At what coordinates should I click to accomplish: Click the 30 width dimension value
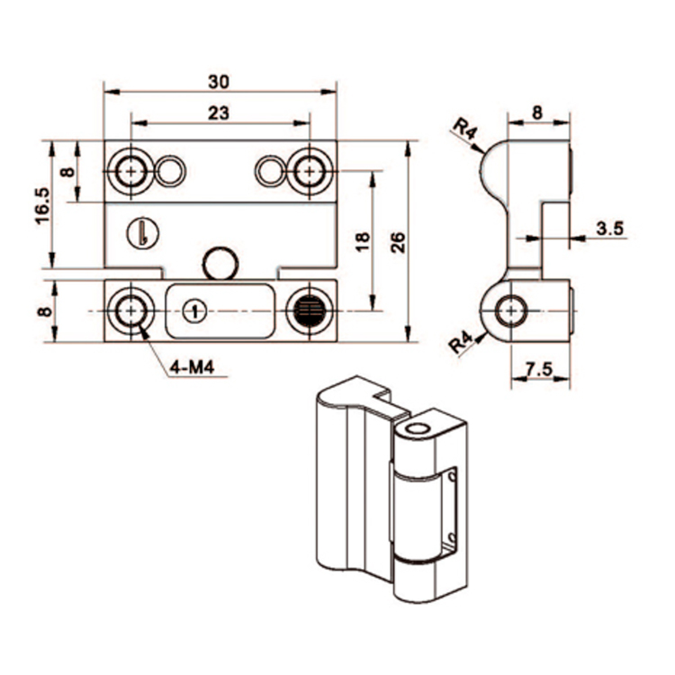[x=218, y=81]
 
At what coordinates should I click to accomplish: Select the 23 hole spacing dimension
[x=218, y=112]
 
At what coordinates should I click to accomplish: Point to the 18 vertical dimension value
[x=362, y=240]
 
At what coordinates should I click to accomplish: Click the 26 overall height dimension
[x=399, y=240]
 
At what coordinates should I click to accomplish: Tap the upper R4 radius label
[x=463, y=131]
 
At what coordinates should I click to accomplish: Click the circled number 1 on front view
[x=192, y=310]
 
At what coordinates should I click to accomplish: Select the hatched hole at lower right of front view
[x=307, y=310]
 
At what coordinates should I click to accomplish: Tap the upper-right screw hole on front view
[x=307, y=170]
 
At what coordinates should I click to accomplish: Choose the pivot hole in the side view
[x=513, y=310]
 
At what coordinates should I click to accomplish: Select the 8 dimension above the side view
[x=537, y=112]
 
